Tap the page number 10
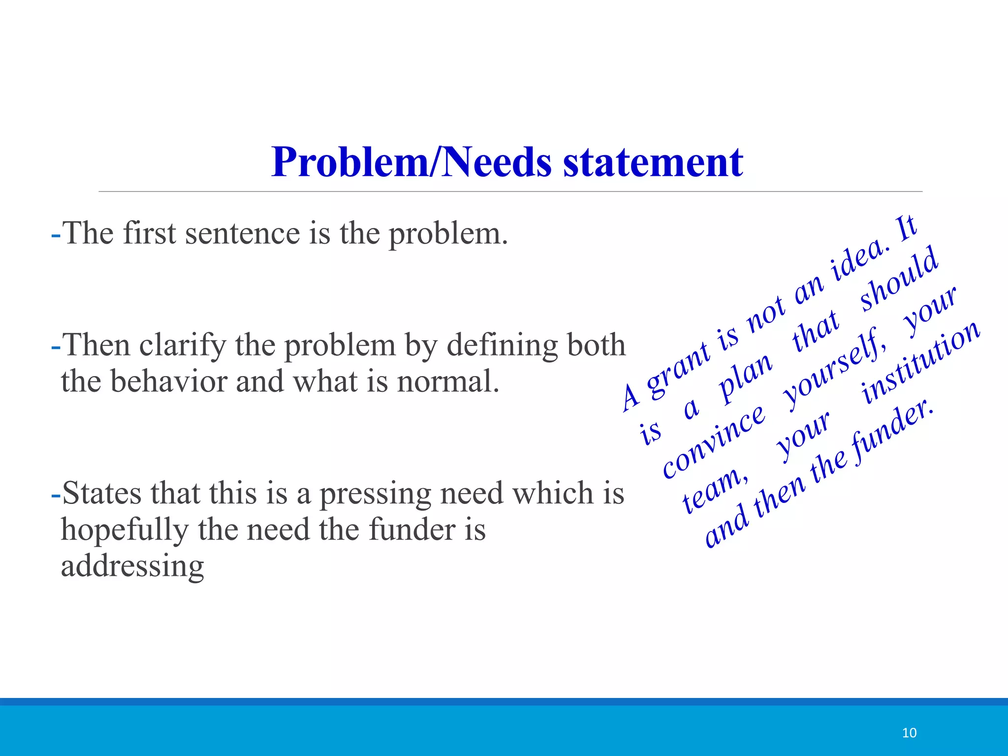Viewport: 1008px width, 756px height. click(909, 733)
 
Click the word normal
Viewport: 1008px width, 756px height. click(448, 381)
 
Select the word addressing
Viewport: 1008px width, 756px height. click(132, 566)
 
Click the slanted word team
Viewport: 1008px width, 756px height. click(714, 490)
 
